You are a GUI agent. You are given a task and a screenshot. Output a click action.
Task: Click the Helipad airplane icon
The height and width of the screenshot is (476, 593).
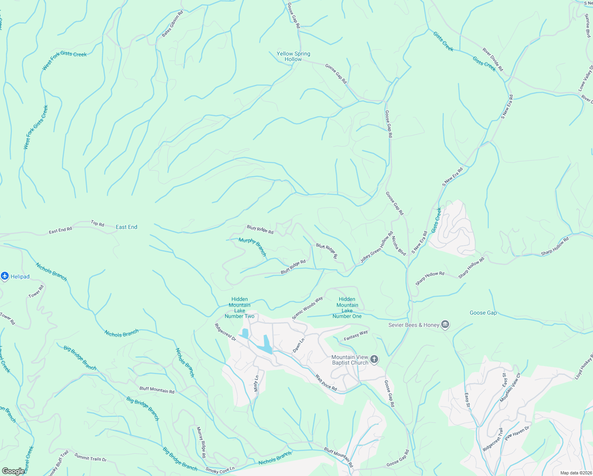[5, 276]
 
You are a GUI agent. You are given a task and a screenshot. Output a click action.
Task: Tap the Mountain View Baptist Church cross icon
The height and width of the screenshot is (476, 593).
[374, 360]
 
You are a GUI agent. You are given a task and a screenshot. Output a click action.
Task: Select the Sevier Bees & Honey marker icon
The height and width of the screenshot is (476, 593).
[445, 325]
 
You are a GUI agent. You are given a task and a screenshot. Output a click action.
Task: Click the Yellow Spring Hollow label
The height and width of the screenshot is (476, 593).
[293, 56]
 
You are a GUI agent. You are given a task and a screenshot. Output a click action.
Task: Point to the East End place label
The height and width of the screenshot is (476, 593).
[126, 227]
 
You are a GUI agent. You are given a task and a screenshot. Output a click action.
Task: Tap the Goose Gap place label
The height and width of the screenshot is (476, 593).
[483, 313]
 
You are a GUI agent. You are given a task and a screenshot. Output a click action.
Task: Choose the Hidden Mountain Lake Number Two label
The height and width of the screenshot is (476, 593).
[239, 308]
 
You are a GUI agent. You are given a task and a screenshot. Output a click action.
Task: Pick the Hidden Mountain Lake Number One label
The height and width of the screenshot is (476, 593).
[347, 308]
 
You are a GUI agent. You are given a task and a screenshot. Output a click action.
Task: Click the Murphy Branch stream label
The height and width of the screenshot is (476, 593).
[253, 247]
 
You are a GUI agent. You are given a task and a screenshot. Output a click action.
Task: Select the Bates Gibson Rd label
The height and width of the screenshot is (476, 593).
[172, 24]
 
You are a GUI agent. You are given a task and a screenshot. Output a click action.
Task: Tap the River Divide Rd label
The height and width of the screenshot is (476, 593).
[493, 59]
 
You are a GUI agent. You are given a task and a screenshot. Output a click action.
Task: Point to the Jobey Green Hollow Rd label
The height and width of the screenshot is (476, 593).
[377, 248]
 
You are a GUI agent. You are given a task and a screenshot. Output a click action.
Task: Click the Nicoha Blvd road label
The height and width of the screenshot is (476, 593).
[399, 246]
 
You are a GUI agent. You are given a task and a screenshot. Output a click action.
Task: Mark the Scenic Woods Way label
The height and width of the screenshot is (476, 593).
[308, 308]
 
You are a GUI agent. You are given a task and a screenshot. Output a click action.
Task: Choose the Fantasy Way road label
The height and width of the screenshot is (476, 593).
[356, 336]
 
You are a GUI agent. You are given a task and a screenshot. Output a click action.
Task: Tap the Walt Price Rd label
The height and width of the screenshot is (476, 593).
[326, 383]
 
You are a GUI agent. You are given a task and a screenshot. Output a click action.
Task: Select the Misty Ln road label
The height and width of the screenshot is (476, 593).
[256, 384]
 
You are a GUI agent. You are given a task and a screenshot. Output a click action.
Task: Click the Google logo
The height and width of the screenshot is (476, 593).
[13, 471]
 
